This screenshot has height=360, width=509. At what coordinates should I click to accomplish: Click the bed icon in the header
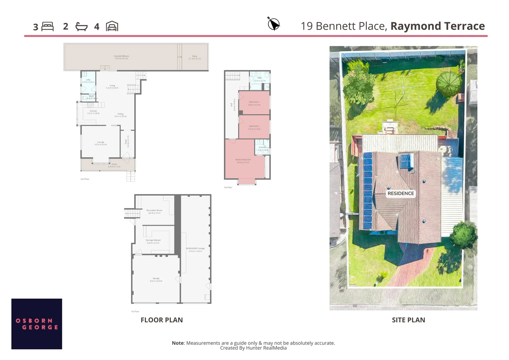pos(48,26)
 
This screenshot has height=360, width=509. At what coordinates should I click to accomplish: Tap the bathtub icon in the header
pos(81,27)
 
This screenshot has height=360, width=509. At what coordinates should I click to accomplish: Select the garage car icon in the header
pos(112,26)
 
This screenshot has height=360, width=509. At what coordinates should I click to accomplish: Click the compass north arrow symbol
pos(273,24)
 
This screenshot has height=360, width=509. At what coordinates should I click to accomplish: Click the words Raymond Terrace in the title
pos(437,26)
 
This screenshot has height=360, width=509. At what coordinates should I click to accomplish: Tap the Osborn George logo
pos(37,324)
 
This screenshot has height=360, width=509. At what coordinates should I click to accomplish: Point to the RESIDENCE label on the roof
pos(400,193)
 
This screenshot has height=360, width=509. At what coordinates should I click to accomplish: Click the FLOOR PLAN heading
pos(162,320)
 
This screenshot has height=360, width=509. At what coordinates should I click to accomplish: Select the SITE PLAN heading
pos(408,320)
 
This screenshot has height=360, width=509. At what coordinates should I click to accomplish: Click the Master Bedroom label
pos(243,161)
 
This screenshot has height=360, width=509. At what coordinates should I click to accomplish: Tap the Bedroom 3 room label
pos(254,103)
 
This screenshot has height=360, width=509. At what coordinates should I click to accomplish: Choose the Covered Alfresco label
pos(121,57)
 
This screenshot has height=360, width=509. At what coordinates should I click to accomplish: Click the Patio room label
pos(195,57)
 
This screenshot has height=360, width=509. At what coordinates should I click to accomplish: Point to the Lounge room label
pos(101,143)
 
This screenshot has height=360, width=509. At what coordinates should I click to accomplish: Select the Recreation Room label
pos(154,211)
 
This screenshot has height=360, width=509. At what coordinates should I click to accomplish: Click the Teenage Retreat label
pos(153,241)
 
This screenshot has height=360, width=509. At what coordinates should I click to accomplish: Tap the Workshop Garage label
pos(195,249)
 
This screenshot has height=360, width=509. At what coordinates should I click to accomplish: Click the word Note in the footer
pos(178,343)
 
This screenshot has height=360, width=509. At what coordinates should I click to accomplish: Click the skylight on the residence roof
pos(406,161)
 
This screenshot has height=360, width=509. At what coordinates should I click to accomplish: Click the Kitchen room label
pos(93,112)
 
